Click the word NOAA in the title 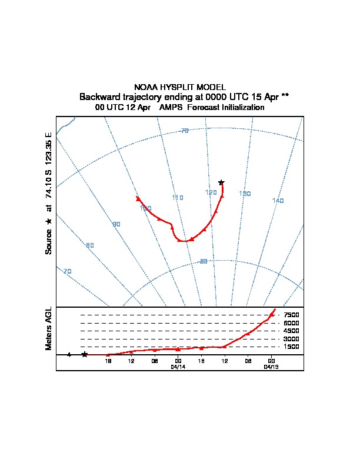pos(145,87)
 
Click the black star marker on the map pos(221,182)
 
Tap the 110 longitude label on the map pos(178,198)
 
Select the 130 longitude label pos(245,194)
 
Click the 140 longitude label pos(278,201)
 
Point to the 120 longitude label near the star pos(211,192)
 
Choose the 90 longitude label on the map pos(116,225)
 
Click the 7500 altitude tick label pos(291,315)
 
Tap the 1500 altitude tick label pos(291,347)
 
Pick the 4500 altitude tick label pos(291,331)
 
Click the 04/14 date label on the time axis pos(178,367)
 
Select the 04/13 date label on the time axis pos(271,367)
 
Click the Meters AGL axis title pos(49,328)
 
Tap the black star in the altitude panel pos(85,354)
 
